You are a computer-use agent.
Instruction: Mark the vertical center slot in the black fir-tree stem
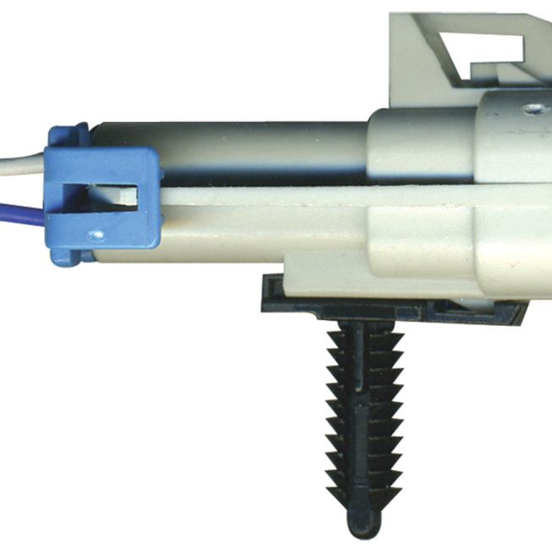(x=364, y=406)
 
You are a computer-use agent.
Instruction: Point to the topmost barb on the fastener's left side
(x=334, y=337)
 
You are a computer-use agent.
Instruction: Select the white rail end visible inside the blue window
(x=127, y=197)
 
